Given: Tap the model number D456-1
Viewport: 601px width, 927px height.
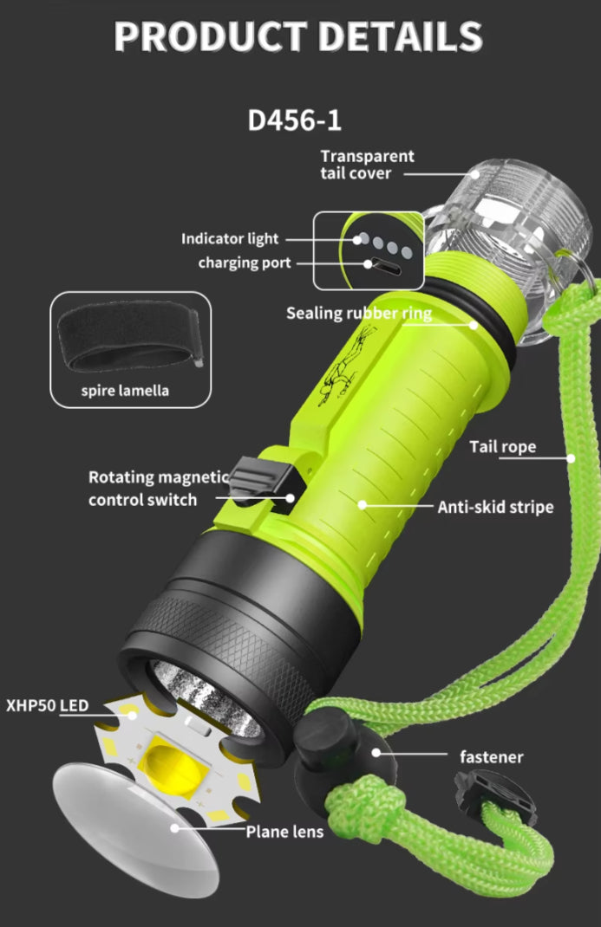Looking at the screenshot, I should click(x=295, y=120).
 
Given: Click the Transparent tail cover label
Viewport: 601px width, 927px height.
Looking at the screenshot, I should click(x=367, y=165).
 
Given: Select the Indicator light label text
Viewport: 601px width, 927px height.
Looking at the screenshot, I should click(x=230, y=239).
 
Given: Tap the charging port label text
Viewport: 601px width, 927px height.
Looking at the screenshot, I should click(x=245, y=263).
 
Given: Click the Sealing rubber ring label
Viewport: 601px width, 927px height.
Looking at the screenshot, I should click(x=358, y=313).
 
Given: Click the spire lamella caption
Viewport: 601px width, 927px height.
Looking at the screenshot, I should click(x=125, y=391).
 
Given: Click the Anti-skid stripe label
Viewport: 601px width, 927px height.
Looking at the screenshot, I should click(x=495, y=507).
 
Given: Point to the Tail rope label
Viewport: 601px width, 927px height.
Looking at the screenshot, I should click(x=503, y=447).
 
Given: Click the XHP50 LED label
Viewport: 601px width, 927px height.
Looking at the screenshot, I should click(x=47, y=706).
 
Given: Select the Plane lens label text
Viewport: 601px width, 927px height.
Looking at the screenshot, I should click(x=284, y=832).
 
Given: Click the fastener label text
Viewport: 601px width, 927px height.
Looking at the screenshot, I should click(x=491, y=757).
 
